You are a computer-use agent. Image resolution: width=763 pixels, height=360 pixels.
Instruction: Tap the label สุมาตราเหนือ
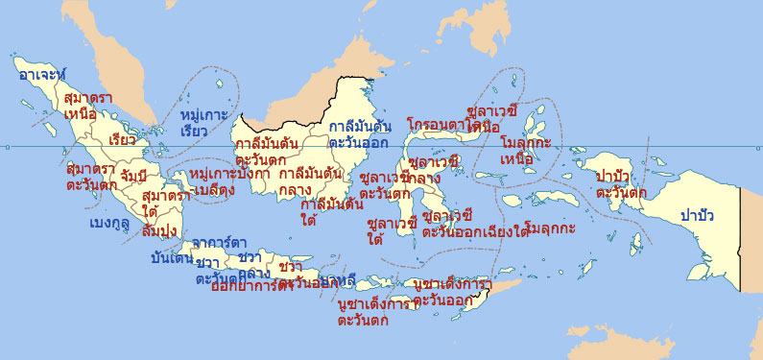(86, 107)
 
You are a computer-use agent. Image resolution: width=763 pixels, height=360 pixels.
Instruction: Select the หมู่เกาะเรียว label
(203, 123)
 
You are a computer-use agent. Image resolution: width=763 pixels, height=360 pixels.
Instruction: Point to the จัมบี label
(133, 176)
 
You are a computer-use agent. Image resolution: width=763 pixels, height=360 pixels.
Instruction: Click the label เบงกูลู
(108, 223)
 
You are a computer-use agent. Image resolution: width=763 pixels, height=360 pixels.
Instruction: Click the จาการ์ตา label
(219, 242)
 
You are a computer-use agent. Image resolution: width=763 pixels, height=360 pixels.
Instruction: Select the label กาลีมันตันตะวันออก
(359, 134)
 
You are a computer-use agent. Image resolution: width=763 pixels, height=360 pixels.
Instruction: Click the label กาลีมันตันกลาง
(309, 181)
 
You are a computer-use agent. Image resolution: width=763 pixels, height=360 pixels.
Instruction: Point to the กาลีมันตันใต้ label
(331, 212)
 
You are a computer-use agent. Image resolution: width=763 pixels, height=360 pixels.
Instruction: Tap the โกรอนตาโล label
(443, 126)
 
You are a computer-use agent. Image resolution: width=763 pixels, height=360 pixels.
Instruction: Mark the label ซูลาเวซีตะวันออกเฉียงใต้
(476, 224)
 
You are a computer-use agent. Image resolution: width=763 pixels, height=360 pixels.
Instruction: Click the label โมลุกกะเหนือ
(525, 150)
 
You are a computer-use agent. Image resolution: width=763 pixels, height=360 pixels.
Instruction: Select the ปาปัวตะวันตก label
(621, 184)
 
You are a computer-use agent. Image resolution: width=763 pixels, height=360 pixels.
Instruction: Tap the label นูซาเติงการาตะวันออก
(449, 292)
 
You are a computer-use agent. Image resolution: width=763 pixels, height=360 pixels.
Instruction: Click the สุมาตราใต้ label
(164, 203)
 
